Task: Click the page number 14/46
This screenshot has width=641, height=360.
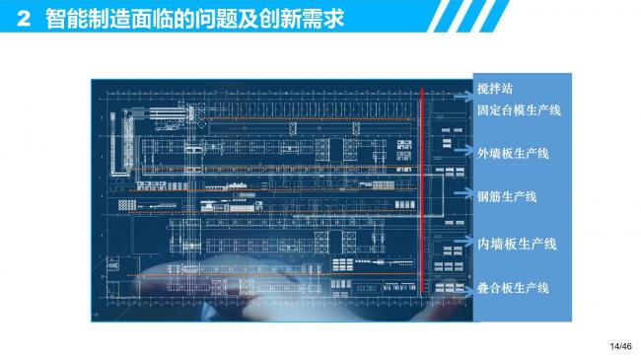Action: pyautogui.click(x=619, y=345)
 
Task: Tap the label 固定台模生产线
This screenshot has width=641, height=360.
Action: pyautogui.click(x=519, y=110)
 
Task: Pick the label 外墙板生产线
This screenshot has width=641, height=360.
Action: pyautogui.click(x=513, y=154)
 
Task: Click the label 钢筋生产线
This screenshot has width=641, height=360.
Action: pyautogui.click(x=506, y=197)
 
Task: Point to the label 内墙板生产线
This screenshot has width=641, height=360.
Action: pyautogui.click(x=517, y=244)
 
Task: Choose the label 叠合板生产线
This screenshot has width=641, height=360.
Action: pyautogui.click(x=513, y=287)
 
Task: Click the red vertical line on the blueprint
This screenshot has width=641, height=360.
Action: pyautogui.click(x=422, y=187)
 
